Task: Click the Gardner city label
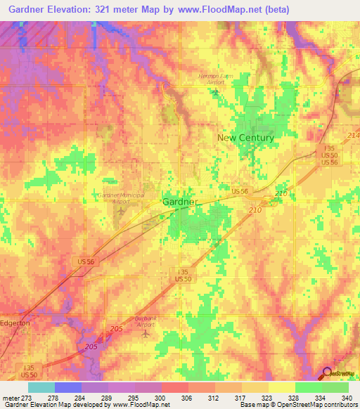[181, 202]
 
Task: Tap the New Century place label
[245, 138]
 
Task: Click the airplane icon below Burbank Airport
[146, 333]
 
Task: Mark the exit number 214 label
[352, 134]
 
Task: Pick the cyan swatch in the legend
[41, 387]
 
